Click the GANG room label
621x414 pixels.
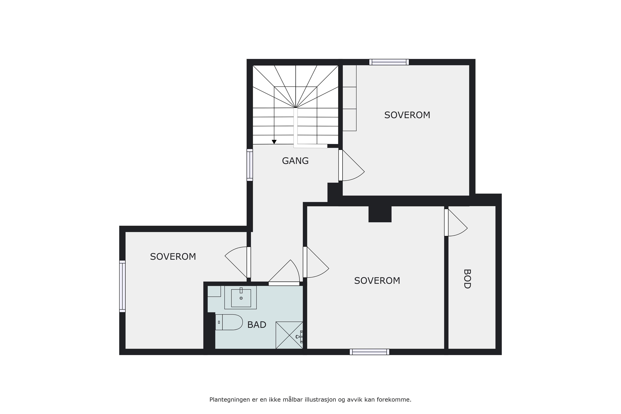point(295,161)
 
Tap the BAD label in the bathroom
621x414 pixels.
point(257,325)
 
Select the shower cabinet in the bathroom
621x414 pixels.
point(289,335)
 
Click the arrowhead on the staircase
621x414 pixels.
point(274,142)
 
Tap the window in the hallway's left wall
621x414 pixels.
point(250,165)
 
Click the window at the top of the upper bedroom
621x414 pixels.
point(389,62)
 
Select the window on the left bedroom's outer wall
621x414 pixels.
point(122,286)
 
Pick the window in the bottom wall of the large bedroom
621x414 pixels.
point(369,352)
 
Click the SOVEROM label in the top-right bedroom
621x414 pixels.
point(407,115)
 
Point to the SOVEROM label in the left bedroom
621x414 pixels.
point(173,257)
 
